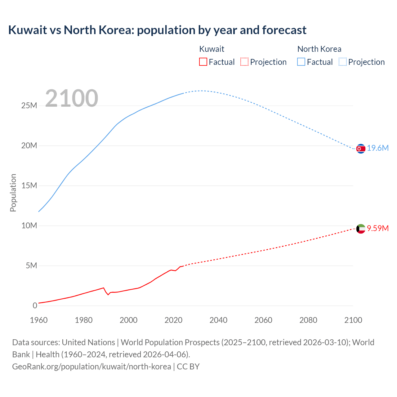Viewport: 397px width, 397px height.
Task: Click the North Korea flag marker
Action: click(361, 149)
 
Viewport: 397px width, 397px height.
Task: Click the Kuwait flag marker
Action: click(361, 229)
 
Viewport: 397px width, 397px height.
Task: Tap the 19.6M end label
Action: click(378, 148)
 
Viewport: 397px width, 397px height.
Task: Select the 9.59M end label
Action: click(378, 229)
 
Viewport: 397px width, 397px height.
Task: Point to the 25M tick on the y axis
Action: click(29, 106)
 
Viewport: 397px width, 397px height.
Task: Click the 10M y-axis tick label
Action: click(29, 226)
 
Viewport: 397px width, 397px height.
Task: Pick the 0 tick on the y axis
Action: click(35, 306)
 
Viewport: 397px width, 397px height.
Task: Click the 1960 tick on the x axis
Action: click(39, 320)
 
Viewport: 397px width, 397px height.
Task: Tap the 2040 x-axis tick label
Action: click(218, 320)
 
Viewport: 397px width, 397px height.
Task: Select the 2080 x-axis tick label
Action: click(308, 320)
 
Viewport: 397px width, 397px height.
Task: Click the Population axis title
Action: click(13, 193)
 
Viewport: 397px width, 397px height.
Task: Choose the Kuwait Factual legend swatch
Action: click(203, 62)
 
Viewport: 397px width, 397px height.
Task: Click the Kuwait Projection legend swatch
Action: click(244, 62)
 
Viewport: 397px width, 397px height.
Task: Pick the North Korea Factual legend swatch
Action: click(301, 62)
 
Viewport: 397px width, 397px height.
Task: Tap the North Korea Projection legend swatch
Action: click(342, 62)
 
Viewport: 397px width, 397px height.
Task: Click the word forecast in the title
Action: click(284, 30)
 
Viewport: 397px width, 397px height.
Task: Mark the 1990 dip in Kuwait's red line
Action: click(108, 294)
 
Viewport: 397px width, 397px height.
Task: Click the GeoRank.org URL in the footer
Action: click(91, 367)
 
